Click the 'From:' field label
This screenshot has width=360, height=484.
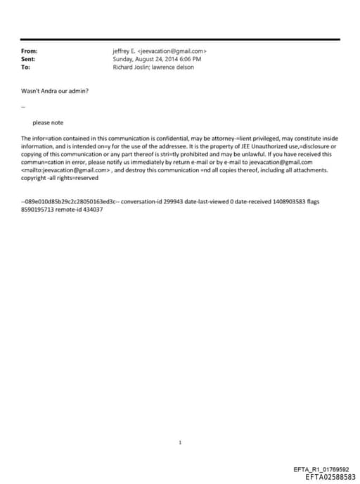point(29,51)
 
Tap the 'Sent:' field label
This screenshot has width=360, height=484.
point(28,59)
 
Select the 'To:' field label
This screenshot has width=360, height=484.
point(26,68)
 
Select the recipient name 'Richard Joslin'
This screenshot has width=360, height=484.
point(129,68)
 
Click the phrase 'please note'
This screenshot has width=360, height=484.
point(48,122)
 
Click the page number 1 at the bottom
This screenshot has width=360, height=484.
point(180,442)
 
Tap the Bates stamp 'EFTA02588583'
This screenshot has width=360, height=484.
point(331,476)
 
